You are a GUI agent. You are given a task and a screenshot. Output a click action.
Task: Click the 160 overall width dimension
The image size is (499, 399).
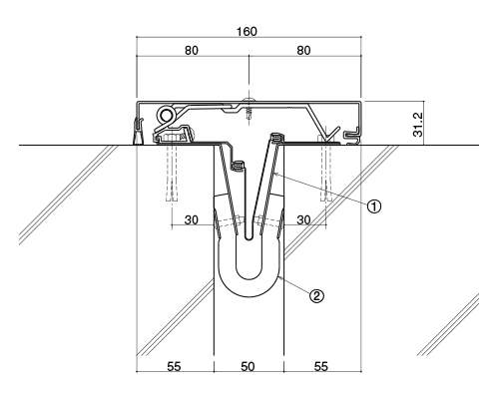(x=247, y=32)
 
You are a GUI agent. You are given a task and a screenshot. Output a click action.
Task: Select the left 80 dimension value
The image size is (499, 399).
(x=192, y=51)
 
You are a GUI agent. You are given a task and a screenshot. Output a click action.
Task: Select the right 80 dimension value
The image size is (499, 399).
(x=303, y=51)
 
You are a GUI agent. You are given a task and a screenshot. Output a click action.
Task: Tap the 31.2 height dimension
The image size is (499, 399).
(x=418, y=125)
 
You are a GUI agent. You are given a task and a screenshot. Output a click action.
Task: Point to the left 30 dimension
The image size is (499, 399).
(x=192, y=219)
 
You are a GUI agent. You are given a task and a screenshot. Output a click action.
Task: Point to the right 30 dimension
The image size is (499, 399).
(x=303, y=219)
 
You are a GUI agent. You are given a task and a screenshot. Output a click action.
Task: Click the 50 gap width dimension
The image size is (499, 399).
(x=248, y=366)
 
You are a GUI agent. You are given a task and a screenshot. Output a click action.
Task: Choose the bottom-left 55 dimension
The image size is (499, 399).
(x=174, y=366)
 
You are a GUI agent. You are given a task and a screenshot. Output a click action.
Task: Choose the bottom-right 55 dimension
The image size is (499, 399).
(x=321, y=366)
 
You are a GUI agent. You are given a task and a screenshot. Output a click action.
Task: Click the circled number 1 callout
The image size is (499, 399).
(x=374, y=206)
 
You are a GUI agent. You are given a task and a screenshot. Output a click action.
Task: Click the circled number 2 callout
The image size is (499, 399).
(x=316, y=295)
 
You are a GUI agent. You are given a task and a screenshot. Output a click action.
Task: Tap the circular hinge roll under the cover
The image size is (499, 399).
(x=166, y=115)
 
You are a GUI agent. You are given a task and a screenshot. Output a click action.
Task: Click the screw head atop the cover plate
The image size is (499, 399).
(x=248, y=99)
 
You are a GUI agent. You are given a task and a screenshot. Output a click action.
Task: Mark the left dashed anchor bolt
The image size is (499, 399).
(x=172, y=173)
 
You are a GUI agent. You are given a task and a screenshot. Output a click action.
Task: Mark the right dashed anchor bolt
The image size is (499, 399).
(x=326, y=173)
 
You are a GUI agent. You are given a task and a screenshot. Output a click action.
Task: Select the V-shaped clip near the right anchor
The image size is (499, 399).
(x=331, y=135)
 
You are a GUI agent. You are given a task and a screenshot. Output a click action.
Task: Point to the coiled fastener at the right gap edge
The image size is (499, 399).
(x=276, y=137)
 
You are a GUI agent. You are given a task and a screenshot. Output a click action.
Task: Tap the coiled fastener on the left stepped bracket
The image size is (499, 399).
(x=239, y=166)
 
